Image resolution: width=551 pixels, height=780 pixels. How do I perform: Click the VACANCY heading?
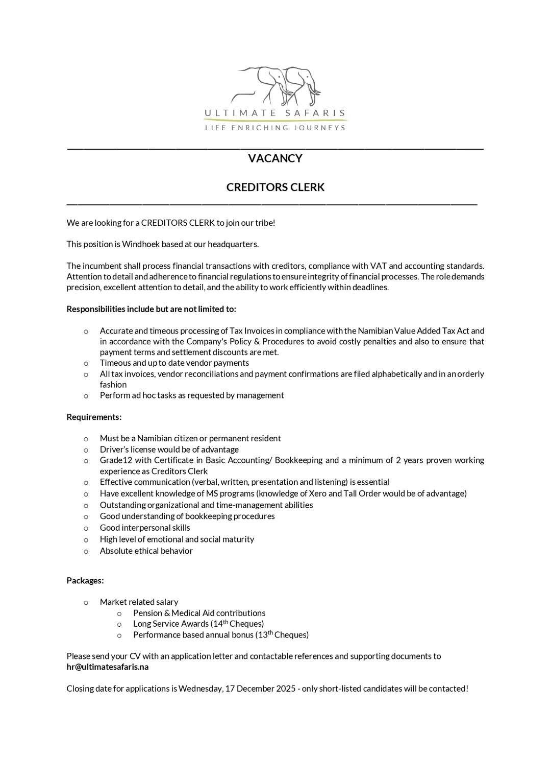(x=275, y=158)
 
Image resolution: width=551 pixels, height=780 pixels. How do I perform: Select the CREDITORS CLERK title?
(x=275, y=187)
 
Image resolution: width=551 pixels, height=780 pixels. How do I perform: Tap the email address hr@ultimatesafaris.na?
(x=108, y=667)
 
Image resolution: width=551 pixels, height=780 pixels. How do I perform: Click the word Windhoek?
(x=140, y=244)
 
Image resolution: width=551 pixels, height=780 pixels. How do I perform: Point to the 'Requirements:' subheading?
(x=94, y=417)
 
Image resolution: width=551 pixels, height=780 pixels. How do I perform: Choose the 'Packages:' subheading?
(x=85, y=581)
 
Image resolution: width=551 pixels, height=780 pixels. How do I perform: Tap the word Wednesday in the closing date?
(x=199, y=689)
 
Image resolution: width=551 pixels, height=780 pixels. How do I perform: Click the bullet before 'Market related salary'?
(x=86, y=603)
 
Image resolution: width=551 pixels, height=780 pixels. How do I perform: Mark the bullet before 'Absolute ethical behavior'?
(x=86, y=552)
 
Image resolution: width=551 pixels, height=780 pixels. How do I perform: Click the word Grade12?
(x=116, y=460)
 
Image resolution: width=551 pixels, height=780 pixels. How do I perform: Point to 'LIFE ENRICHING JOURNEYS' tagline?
(x=275, y=128)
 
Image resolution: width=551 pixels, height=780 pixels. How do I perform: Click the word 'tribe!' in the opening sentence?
(x=265, y=223)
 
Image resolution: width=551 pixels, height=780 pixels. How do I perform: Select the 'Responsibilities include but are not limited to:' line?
(x=152, y=309)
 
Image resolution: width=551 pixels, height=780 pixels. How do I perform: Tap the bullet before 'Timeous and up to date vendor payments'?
(x=86, y=364)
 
